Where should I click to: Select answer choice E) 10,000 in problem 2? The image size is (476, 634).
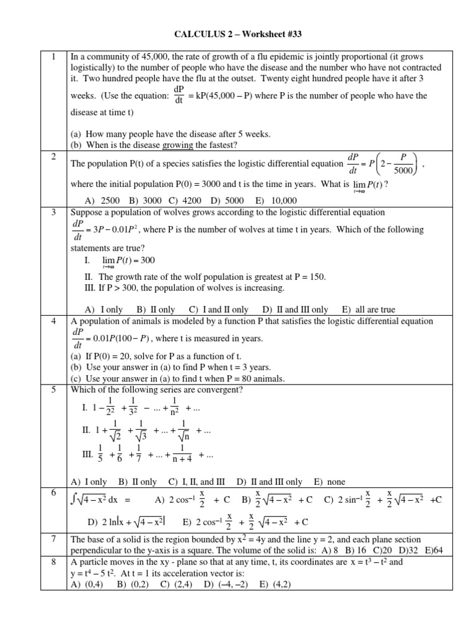276,200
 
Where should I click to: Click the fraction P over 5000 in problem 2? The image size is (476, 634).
403,165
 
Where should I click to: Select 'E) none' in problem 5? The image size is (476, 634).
330,481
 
